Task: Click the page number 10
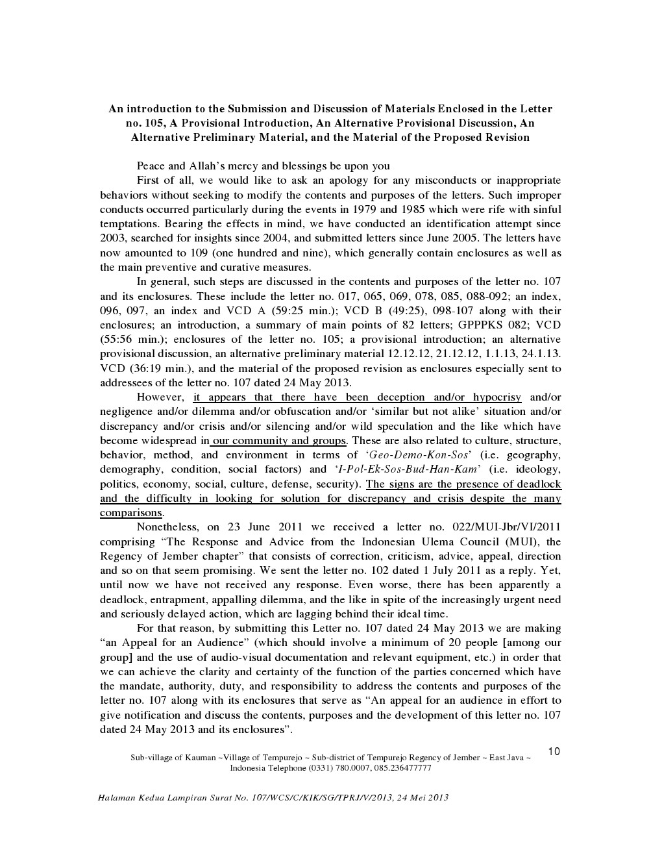pyautogui.click(x=554, y=752)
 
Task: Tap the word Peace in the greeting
pyautogui.click(x=151, y=166)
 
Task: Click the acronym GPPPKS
pyautogui.click(x=481, y=325)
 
